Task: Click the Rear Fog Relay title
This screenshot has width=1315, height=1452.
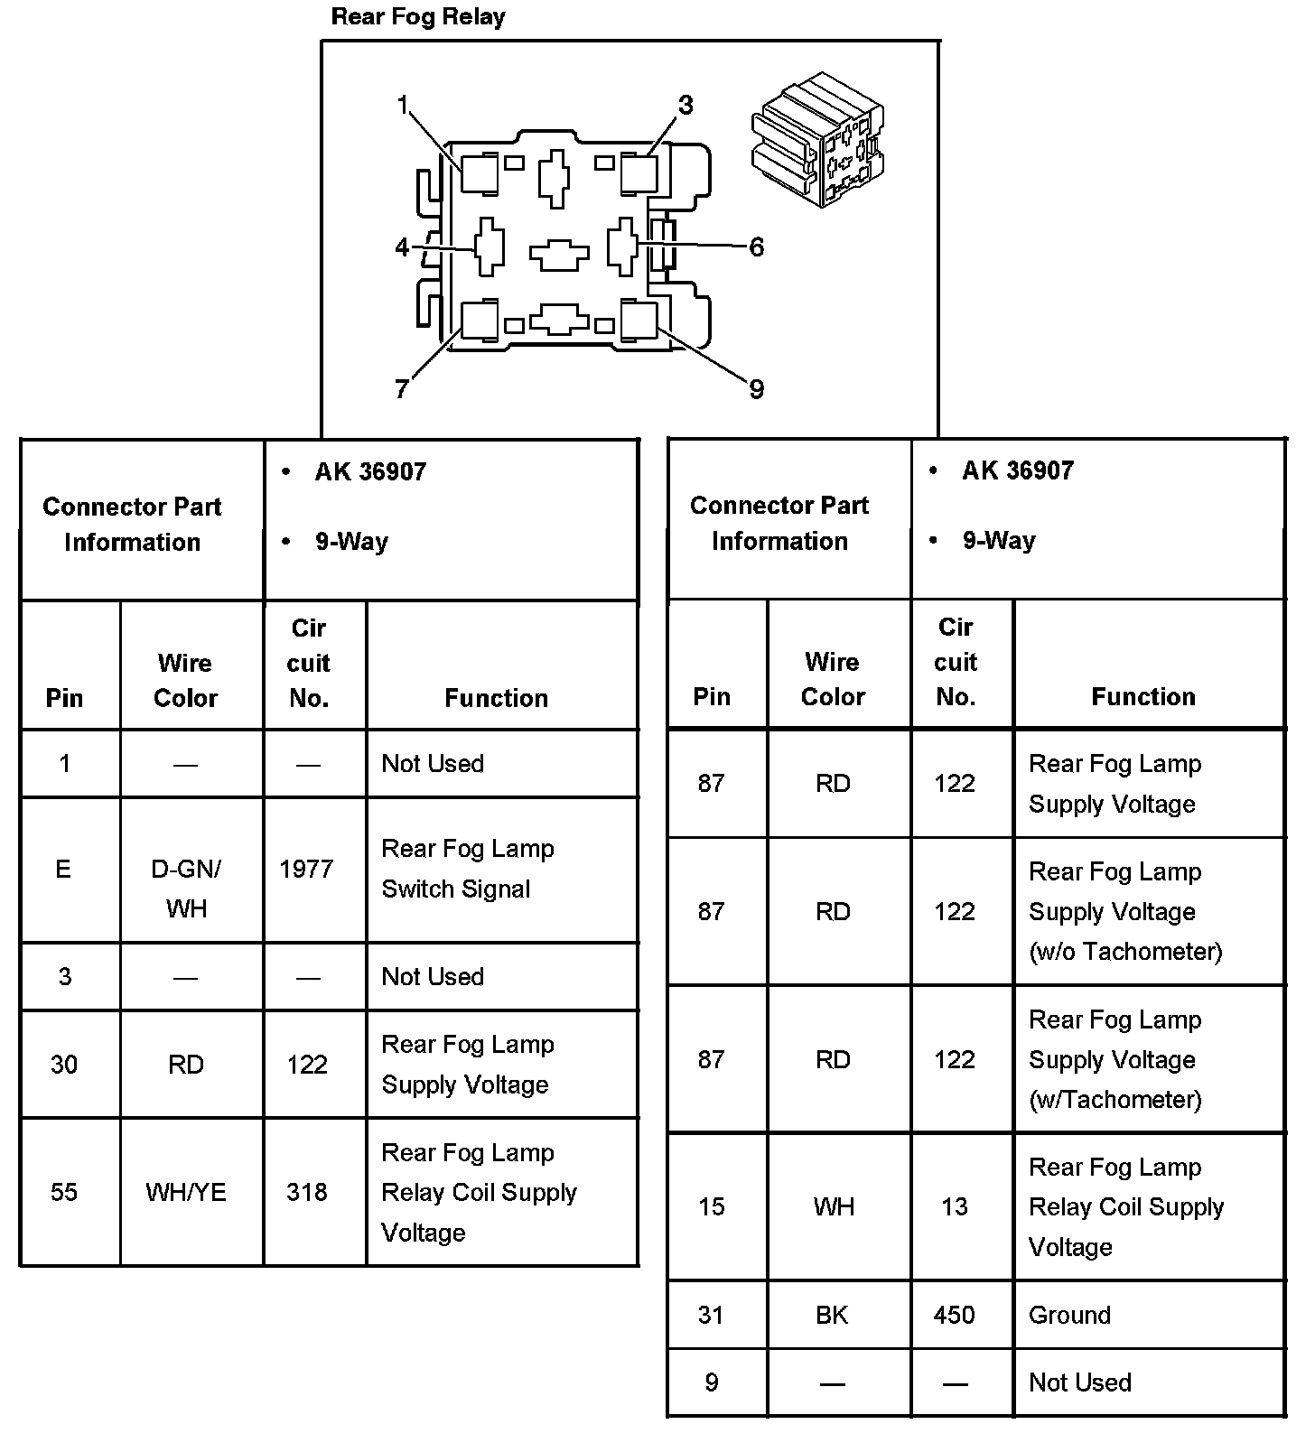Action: coord(418,17)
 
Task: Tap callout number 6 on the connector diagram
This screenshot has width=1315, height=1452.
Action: coord(756,247)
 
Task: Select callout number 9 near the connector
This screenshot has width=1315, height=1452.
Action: coord(756,389)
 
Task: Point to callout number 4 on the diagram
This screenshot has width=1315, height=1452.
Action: coord(402,247)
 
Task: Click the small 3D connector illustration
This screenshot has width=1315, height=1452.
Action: coord(817,140)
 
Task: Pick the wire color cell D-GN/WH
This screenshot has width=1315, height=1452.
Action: coord(186,888)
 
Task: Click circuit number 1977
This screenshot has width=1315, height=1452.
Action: coord(307,869)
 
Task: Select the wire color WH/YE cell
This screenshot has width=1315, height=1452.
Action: coord(186,1192)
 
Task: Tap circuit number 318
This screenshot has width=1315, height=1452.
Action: coord(307,1192)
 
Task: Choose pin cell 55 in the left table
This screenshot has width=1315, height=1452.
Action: coord(64,1192)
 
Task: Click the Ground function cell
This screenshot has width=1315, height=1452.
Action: coord(1069,1315)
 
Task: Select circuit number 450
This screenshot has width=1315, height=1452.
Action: coord(955,1315)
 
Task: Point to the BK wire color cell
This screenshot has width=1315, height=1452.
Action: coord(832,1315)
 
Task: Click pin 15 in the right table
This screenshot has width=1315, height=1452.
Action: coord(712,1206)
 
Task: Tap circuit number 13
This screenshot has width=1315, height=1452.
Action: coord(955,1206)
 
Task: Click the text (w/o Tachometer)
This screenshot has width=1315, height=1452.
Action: coord(1125,951)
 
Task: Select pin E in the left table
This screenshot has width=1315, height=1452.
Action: coord(63,869)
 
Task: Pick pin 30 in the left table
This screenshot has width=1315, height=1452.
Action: coord(64,1065)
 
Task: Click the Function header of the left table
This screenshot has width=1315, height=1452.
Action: coord(496,698)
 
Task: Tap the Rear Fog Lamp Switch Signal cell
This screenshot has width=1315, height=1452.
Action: coord(468,869)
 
